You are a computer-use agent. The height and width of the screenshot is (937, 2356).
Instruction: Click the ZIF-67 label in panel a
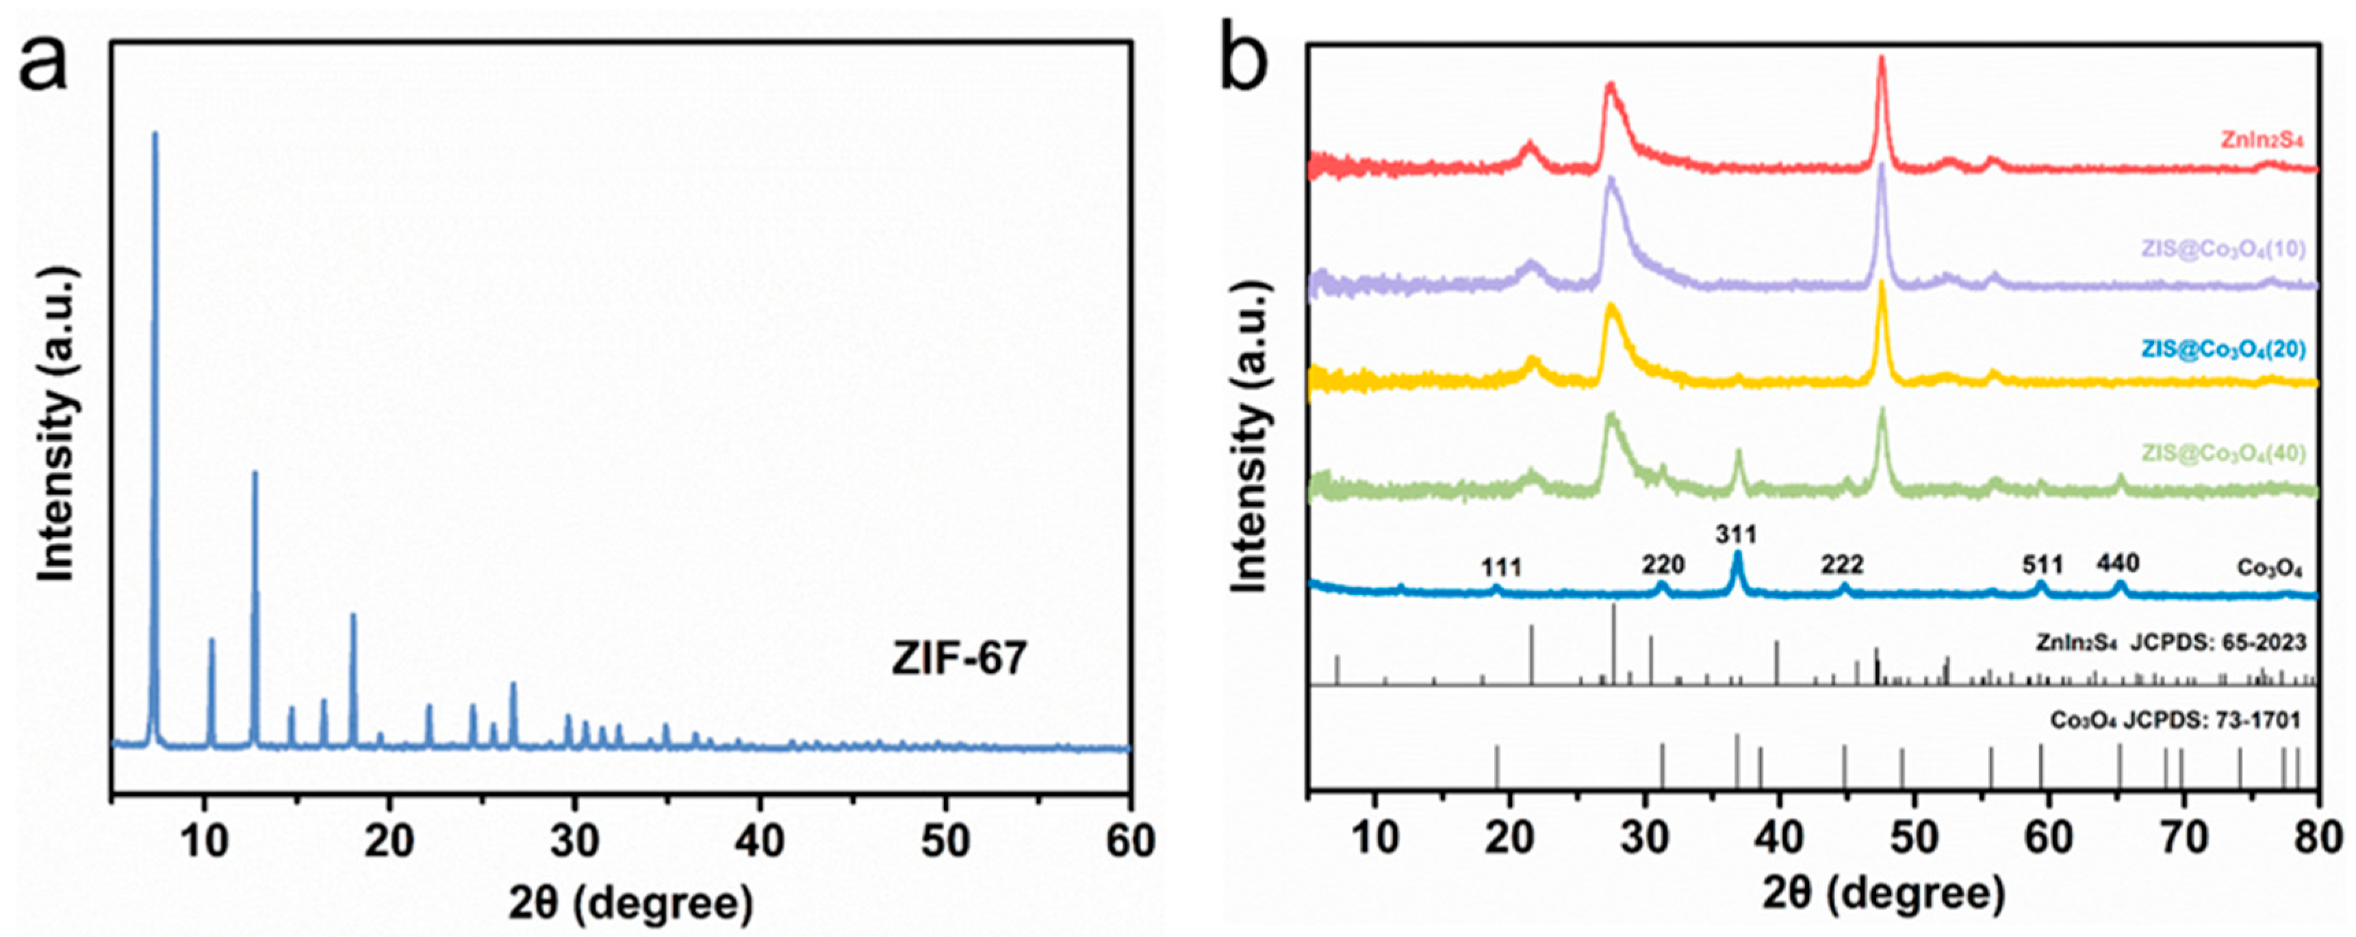click(958, 658)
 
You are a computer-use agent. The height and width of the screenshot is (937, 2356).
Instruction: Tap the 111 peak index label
click(1502, 568)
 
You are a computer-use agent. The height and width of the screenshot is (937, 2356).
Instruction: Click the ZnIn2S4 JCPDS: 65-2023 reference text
click(2171, 643)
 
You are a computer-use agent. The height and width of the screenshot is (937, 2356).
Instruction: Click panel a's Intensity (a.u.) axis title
click(57, 423)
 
